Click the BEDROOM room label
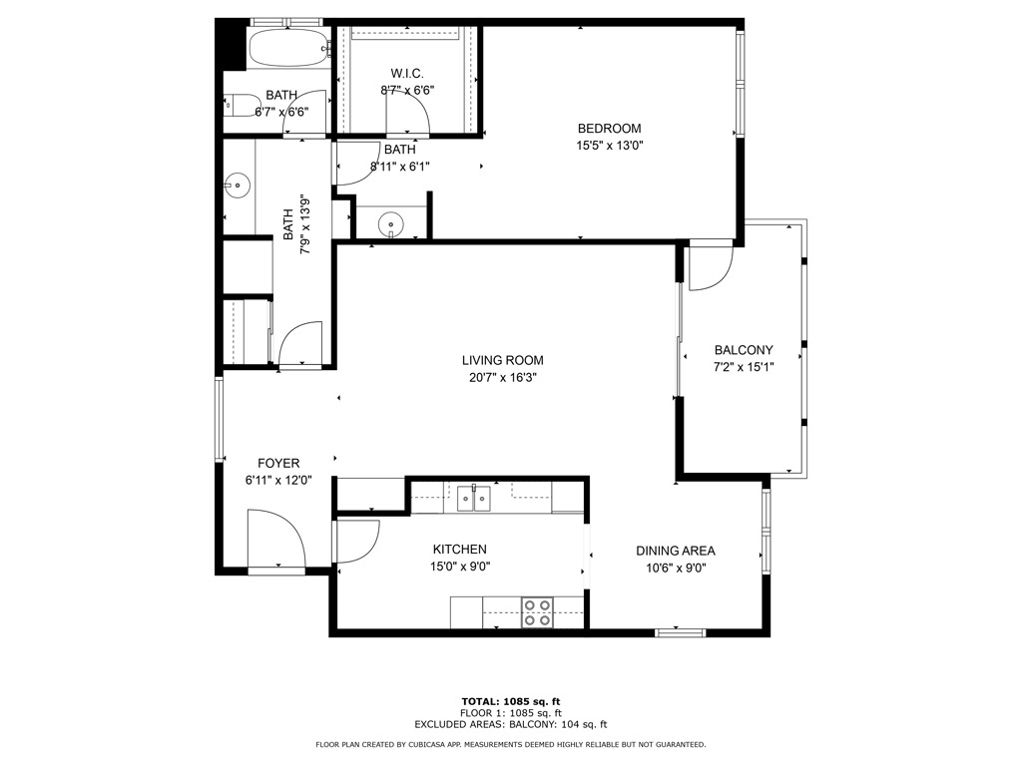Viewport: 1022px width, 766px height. click(610, 129)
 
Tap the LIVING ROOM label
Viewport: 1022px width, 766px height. click(503, 360)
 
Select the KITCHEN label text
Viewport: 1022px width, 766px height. click(459, 550)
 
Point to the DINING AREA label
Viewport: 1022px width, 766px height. click(676, 551)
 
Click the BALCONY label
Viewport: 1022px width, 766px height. click(744, 350)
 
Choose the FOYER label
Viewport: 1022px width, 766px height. click(278, 463)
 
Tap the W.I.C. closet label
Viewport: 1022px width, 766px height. click(407, 73)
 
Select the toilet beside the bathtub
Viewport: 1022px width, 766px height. click(242, 106)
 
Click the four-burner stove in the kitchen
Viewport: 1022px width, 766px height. click(537, 613)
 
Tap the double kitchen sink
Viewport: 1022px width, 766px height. click(474, 499)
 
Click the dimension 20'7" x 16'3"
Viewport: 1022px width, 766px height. click(503, 378)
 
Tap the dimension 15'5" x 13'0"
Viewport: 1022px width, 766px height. click(610, 146)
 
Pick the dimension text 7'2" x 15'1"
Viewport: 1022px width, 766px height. click(744, 367)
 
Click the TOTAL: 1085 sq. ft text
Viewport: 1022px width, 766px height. click(511, 701)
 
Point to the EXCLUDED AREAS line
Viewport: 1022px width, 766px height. click(511, 724)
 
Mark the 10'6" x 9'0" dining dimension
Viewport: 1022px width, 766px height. click(676, 568)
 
